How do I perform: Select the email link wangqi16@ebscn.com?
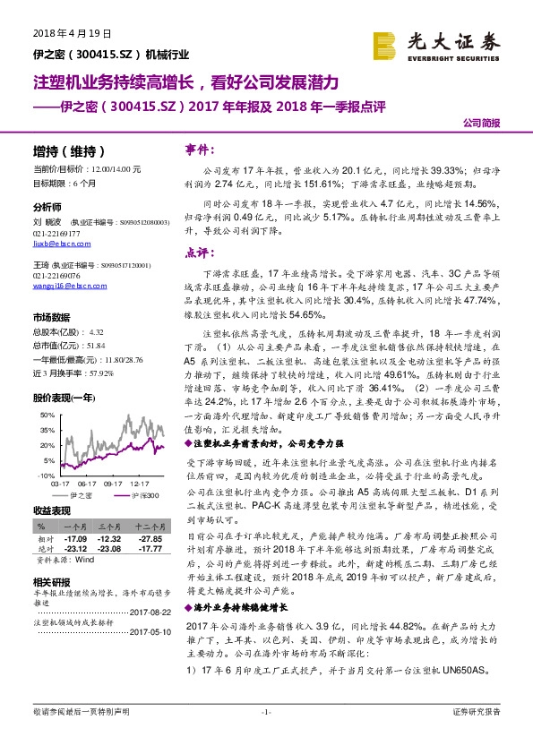point(58,286)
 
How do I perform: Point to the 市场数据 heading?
point(51,317)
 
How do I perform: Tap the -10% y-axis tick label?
point(44,476)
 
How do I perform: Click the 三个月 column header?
point(109,528)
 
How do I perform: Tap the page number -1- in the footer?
point(266,736)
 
